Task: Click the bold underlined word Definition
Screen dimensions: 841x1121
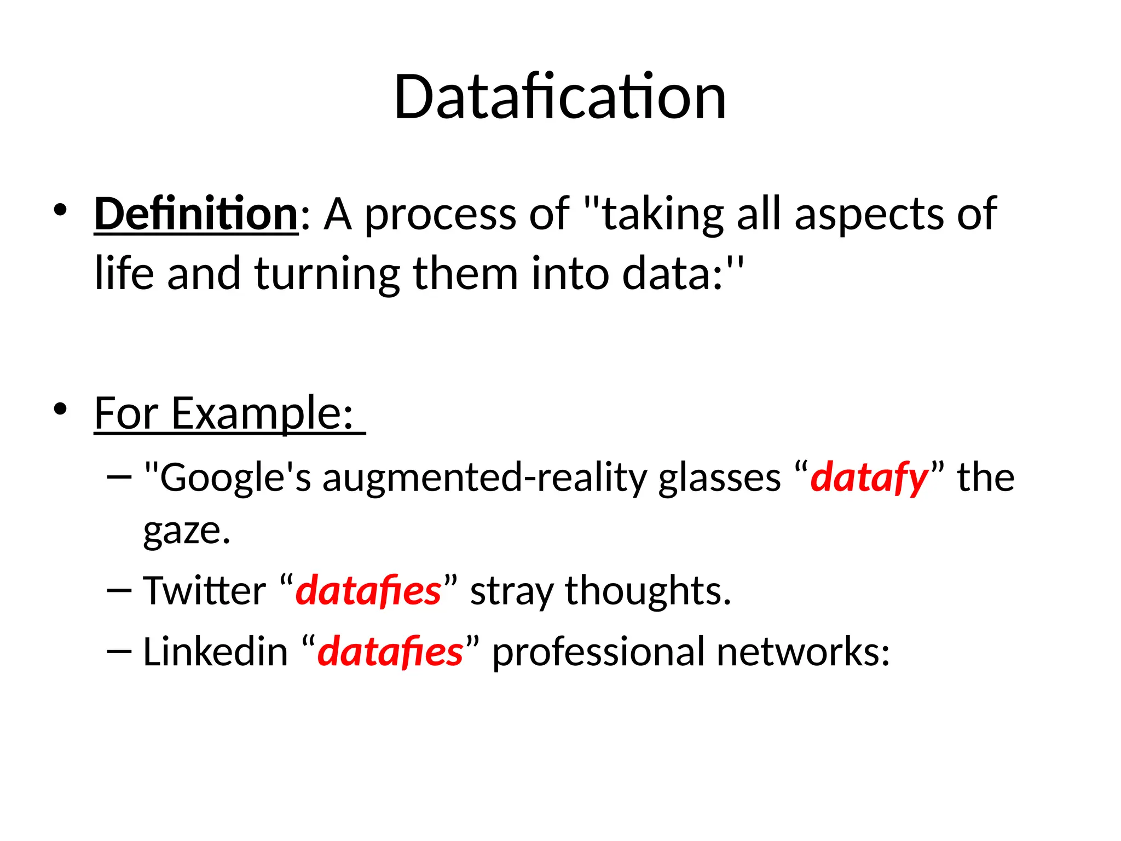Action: pos(196,214)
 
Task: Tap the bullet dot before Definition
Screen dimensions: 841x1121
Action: pos(60,210)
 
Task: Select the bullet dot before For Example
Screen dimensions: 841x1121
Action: pos(60,409)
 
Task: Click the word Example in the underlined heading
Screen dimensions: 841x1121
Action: pos(262,414)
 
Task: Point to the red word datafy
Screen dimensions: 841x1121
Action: pos(869,478)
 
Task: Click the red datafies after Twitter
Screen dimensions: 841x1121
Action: pos(368,591)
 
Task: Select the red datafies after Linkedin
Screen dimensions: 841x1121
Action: pos(390,652)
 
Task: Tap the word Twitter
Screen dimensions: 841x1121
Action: pos(204,591)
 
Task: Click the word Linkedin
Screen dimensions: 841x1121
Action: pos(215,652)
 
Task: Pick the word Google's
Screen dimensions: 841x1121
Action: pos(235,478)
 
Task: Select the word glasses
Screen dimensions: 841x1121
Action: pos(719,478)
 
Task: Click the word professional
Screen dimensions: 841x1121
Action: pos(598,652)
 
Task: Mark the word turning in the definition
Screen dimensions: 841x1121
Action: pos(327,274)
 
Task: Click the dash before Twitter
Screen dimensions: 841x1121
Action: pos(120,591)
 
